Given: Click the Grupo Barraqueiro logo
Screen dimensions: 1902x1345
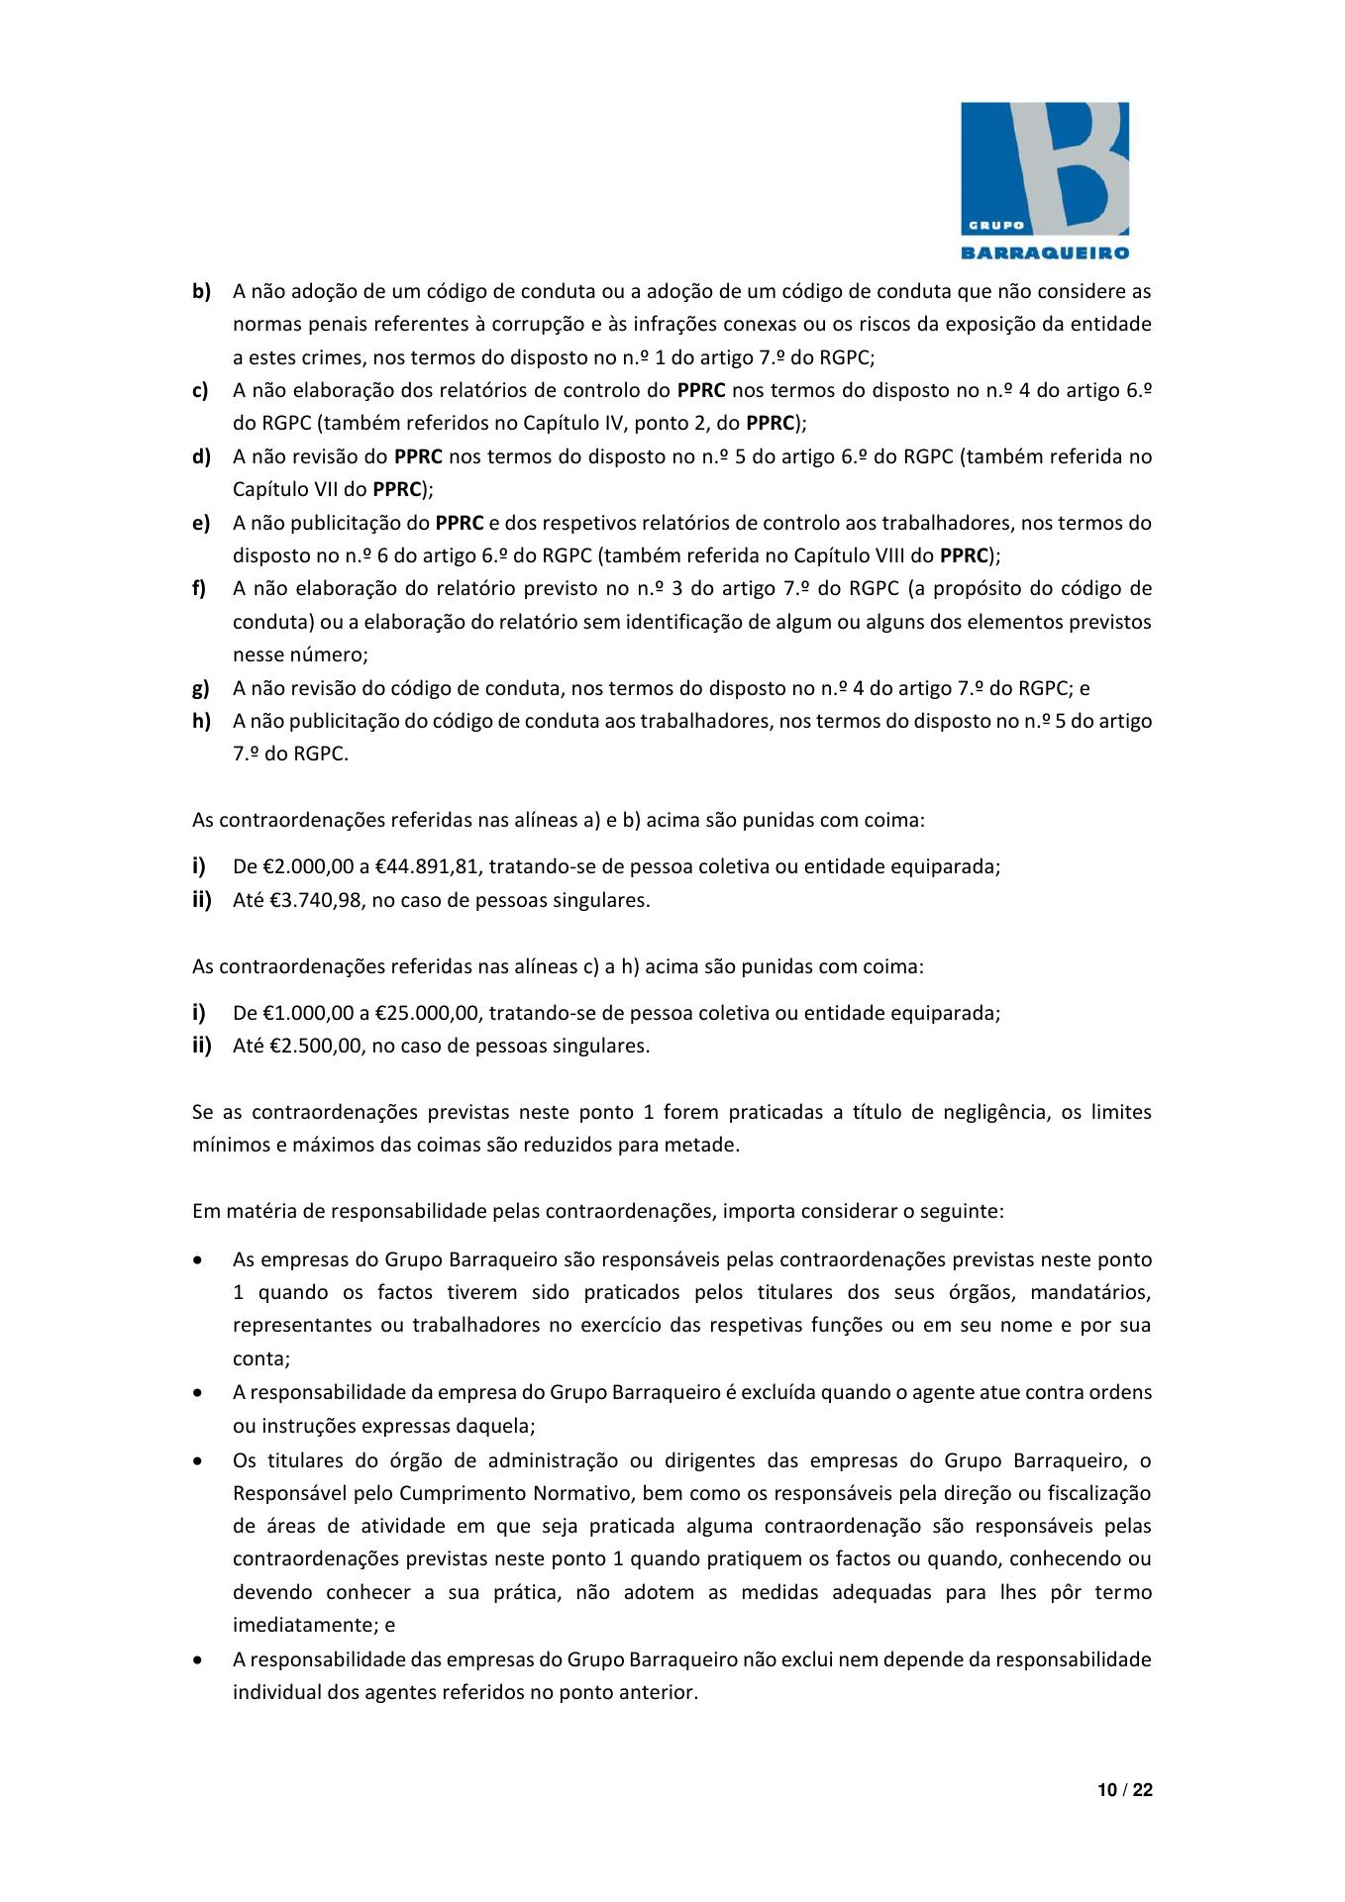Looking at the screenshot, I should coord(1045,179).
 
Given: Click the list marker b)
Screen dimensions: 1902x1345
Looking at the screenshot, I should coord(201,292).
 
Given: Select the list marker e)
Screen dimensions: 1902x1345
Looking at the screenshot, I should coord(201,523).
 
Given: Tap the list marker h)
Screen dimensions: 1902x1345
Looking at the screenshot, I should coord(201,721).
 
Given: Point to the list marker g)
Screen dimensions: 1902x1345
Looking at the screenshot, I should coord(201,688).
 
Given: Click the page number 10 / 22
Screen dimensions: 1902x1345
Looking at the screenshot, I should coord(1125,1790).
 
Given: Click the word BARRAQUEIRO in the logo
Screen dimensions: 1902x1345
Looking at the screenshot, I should coord(1045,252).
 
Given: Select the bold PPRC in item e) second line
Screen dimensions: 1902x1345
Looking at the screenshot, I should coord(965,556).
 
